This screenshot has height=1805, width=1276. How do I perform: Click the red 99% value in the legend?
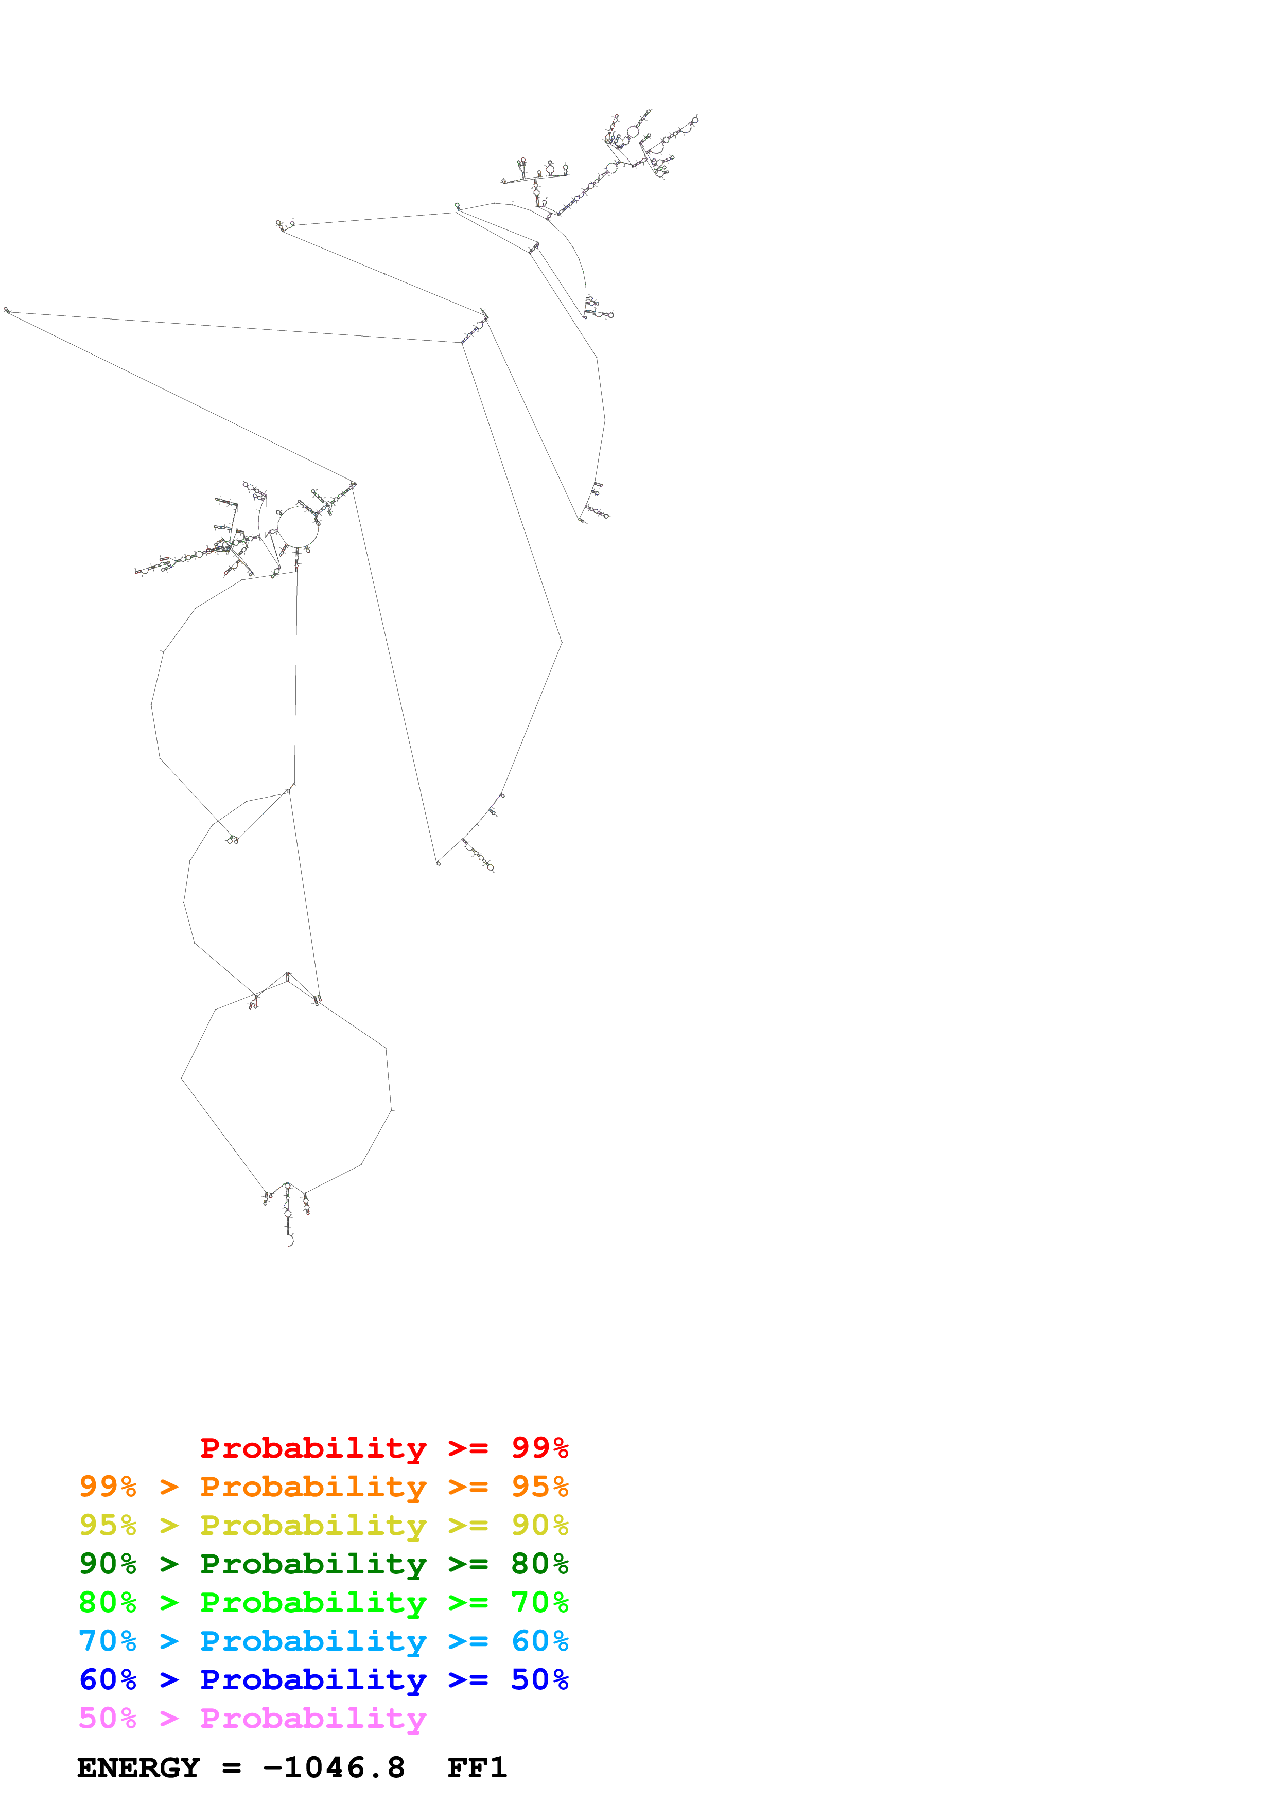click(x=539, y=1448)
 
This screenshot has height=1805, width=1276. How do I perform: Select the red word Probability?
click(x=313, y=1448)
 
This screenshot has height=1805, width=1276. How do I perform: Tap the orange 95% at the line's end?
click(x=539, y=1487)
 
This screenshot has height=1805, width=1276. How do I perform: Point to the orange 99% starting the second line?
click(x=108, y=1487)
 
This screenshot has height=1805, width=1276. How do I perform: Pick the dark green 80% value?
click(x=539, y=1564)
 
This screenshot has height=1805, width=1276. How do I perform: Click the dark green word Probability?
click(x=313, y=1564)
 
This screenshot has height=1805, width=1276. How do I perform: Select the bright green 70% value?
click(x=539, y=1602)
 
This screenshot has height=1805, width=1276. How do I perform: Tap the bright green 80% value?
click(x=108, y=1602)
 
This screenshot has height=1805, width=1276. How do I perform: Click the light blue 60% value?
click(x=539, y=1641)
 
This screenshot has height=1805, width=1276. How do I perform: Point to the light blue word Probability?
click(x=313, y=1641)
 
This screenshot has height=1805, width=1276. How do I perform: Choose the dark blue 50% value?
click(x=539, y=1679)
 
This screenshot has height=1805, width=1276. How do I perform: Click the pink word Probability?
click(x=313, y=1719)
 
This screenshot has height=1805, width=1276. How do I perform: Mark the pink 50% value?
click(x=108, y=1719)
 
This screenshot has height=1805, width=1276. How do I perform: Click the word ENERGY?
click(x=138, y=1768)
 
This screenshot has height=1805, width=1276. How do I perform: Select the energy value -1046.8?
click(x=334, y=1768)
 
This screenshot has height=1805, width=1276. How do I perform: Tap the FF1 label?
click(x=477, y=1768)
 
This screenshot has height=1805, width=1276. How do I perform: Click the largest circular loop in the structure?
click(x=298, y=527)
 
